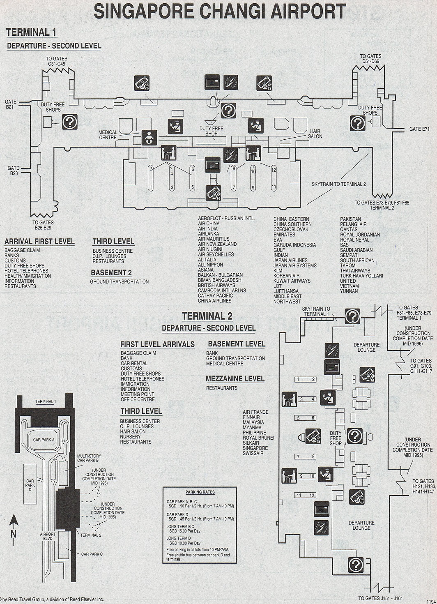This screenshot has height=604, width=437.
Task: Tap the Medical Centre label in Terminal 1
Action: (108, 135)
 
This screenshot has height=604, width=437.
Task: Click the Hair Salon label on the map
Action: (315, 134)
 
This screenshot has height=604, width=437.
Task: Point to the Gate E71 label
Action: (419, 129)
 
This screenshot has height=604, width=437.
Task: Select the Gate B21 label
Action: (11, 104)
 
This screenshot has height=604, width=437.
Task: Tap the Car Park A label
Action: (44, 440)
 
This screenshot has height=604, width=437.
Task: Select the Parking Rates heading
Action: (200, 492)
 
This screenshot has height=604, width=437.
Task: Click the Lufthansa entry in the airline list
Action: (286, 291)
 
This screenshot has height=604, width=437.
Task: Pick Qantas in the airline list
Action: (349, 229)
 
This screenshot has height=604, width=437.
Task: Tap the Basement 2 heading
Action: (111, 273)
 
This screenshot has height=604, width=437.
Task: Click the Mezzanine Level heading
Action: (235, 379)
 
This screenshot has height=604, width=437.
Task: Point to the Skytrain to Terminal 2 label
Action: (338, 184)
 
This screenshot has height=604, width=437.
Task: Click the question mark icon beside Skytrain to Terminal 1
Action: (352, 316)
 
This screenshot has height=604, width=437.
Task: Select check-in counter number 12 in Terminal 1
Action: (274, 170)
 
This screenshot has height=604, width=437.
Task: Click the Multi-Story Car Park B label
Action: (89, 458)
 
